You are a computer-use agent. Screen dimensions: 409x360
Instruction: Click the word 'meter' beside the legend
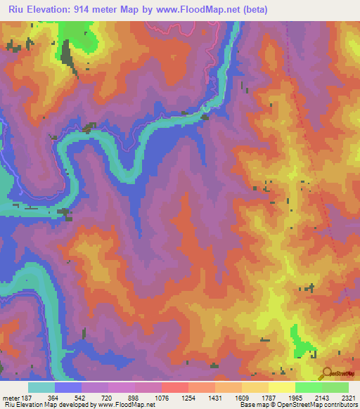(x=9, y=397)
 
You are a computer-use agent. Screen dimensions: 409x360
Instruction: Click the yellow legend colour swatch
(x=281, y=387)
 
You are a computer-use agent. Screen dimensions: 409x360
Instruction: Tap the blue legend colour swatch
(x=67, y=387)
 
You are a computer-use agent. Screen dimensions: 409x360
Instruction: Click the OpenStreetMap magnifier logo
(x=326, y=374)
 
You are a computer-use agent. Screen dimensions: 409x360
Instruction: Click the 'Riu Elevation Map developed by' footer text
(x=49, y=405)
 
